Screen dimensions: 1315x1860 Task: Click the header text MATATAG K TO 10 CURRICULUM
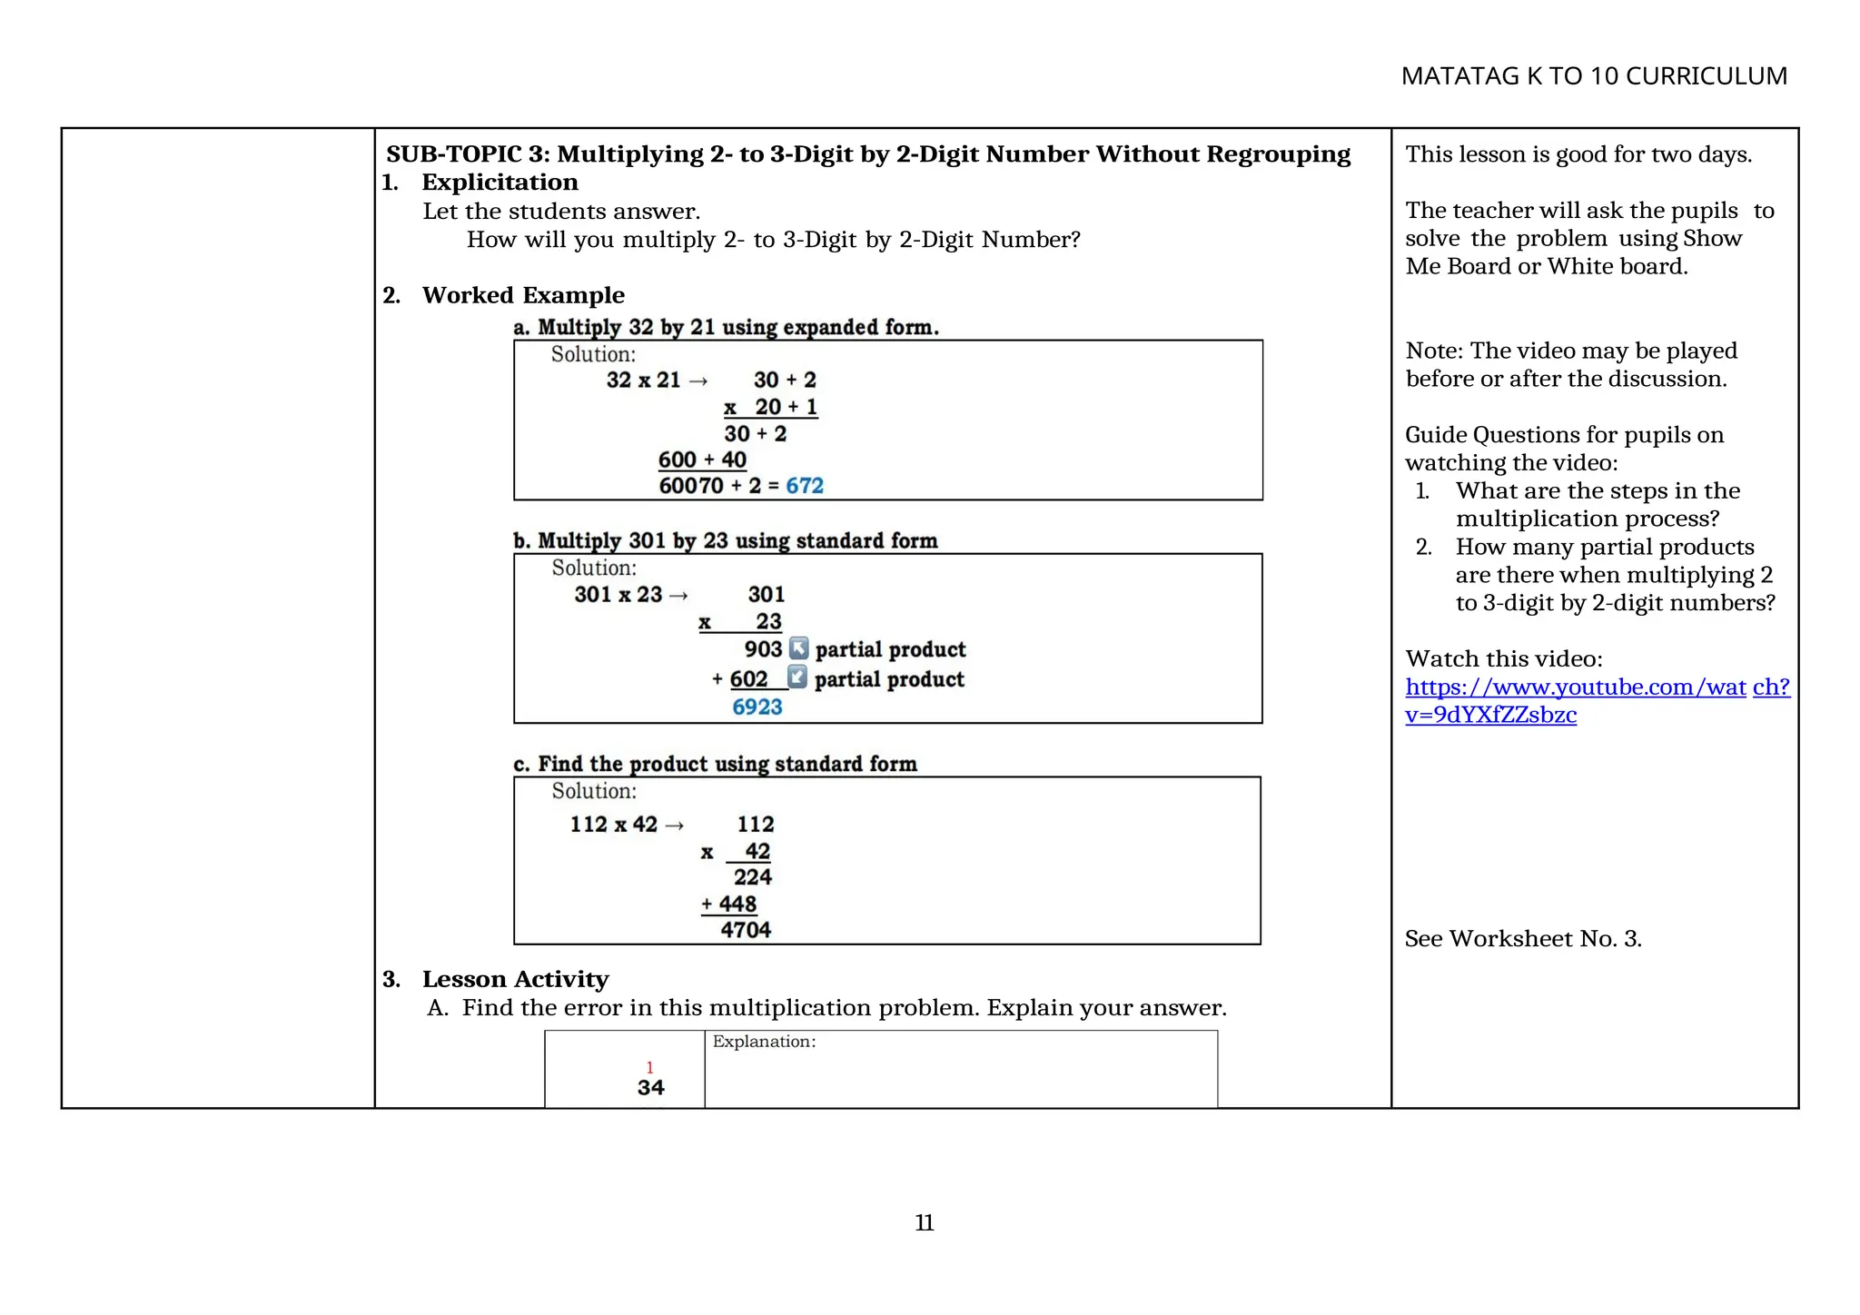pos(1593,76)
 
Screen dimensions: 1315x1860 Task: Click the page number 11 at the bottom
pos(924,1222)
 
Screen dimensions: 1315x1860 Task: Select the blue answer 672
pos(804,486)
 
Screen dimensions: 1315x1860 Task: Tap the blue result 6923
pos(757,707)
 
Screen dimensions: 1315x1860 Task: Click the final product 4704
pos(746,930)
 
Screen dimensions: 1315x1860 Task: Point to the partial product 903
pos(763,649)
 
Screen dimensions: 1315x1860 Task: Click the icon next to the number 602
pos(796,677)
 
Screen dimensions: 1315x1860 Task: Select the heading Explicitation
pos(500,183)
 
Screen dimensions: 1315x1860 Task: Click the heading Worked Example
pos(523,295)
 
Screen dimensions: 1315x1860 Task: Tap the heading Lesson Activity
pos(515,979)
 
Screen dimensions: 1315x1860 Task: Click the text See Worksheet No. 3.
pos(1523,939)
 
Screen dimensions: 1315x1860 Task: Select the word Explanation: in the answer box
pos(764,1042)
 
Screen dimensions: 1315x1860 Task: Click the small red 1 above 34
pos(649,1067)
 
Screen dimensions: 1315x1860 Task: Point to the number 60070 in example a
pos(690,486)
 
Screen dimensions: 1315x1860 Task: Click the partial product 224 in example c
pos(752,877)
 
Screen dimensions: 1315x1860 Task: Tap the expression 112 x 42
pos(613,825)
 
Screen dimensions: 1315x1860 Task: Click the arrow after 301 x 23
pos(678,596)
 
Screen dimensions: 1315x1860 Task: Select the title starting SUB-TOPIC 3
pos(867,154)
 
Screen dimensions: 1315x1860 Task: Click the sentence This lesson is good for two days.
pos(1578,154)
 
